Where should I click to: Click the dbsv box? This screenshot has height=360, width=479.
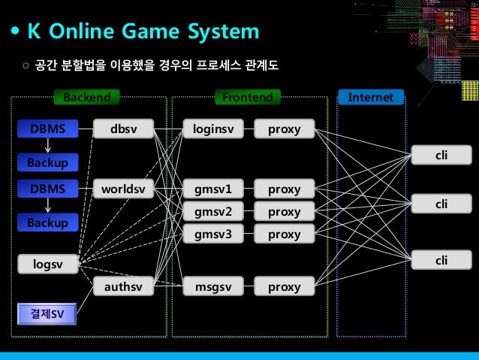(123, 129)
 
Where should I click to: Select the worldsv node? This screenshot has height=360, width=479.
(123, 188)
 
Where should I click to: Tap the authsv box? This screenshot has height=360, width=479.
(123, 286)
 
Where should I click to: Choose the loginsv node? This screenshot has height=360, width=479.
(214, 129)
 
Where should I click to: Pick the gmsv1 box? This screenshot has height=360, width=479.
(214, 188)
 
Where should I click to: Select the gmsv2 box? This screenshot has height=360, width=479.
(214, 211)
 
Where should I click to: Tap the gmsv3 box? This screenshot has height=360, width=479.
(214, 234)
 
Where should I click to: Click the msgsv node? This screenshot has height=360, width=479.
(214, 286)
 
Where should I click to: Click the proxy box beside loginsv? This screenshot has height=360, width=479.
(284, 129)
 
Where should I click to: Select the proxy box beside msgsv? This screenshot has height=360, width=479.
(284, 286)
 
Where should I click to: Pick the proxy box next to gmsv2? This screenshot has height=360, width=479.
(284, 211)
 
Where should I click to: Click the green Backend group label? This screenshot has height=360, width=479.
(86, 97)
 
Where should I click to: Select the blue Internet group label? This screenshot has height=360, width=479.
(371, 97)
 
